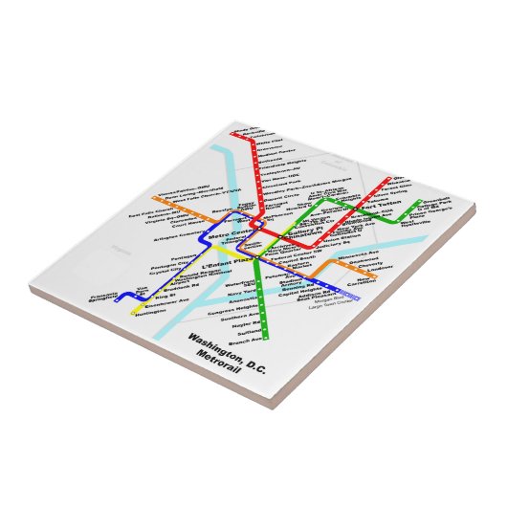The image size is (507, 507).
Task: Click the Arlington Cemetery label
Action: (x=173, y=233)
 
